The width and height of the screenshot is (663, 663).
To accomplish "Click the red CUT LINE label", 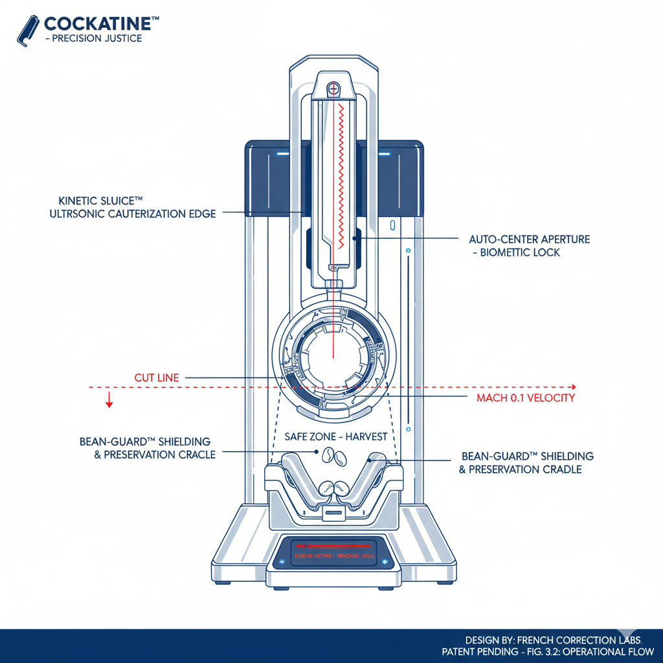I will (157, 377).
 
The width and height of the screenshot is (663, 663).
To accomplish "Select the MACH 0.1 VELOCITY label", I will (526, 398).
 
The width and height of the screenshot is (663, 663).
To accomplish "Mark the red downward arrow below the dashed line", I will (109, 401).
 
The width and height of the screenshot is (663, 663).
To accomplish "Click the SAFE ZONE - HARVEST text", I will (335, 437).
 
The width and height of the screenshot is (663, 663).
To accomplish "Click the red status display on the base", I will (334, 555).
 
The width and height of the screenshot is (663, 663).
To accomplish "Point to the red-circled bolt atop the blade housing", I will (333, 87).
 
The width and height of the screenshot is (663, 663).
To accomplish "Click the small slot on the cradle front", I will (334, 513).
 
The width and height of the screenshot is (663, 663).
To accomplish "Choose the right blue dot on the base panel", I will (384, 561).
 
